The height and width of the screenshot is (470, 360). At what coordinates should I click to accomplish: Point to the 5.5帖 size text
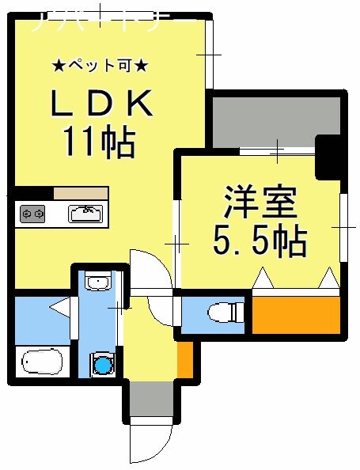[260, 241]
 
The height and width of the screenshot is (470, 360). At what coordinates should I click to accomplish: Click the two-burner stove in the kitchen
[32, 214]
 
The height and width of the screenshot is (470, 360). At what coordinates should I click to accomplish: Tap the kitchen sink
[85, 213]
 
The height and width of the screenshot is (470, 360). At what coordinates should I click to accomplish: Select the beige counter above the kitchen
[81, 193]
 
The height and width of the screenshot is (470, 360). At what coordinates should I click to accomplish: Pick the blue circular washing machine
[101, 364]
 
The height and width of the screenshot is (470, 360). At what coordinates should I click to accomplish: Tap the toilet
[223, 313]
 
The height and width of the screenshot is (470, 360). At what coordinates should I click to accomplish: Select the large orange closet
[295, 314]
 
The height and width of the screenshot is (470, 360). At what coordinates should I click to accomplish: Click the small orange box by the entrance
[184, 358]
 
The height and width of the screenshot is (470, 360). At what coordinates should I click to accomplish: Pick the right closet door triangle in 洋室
[328, 279]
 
